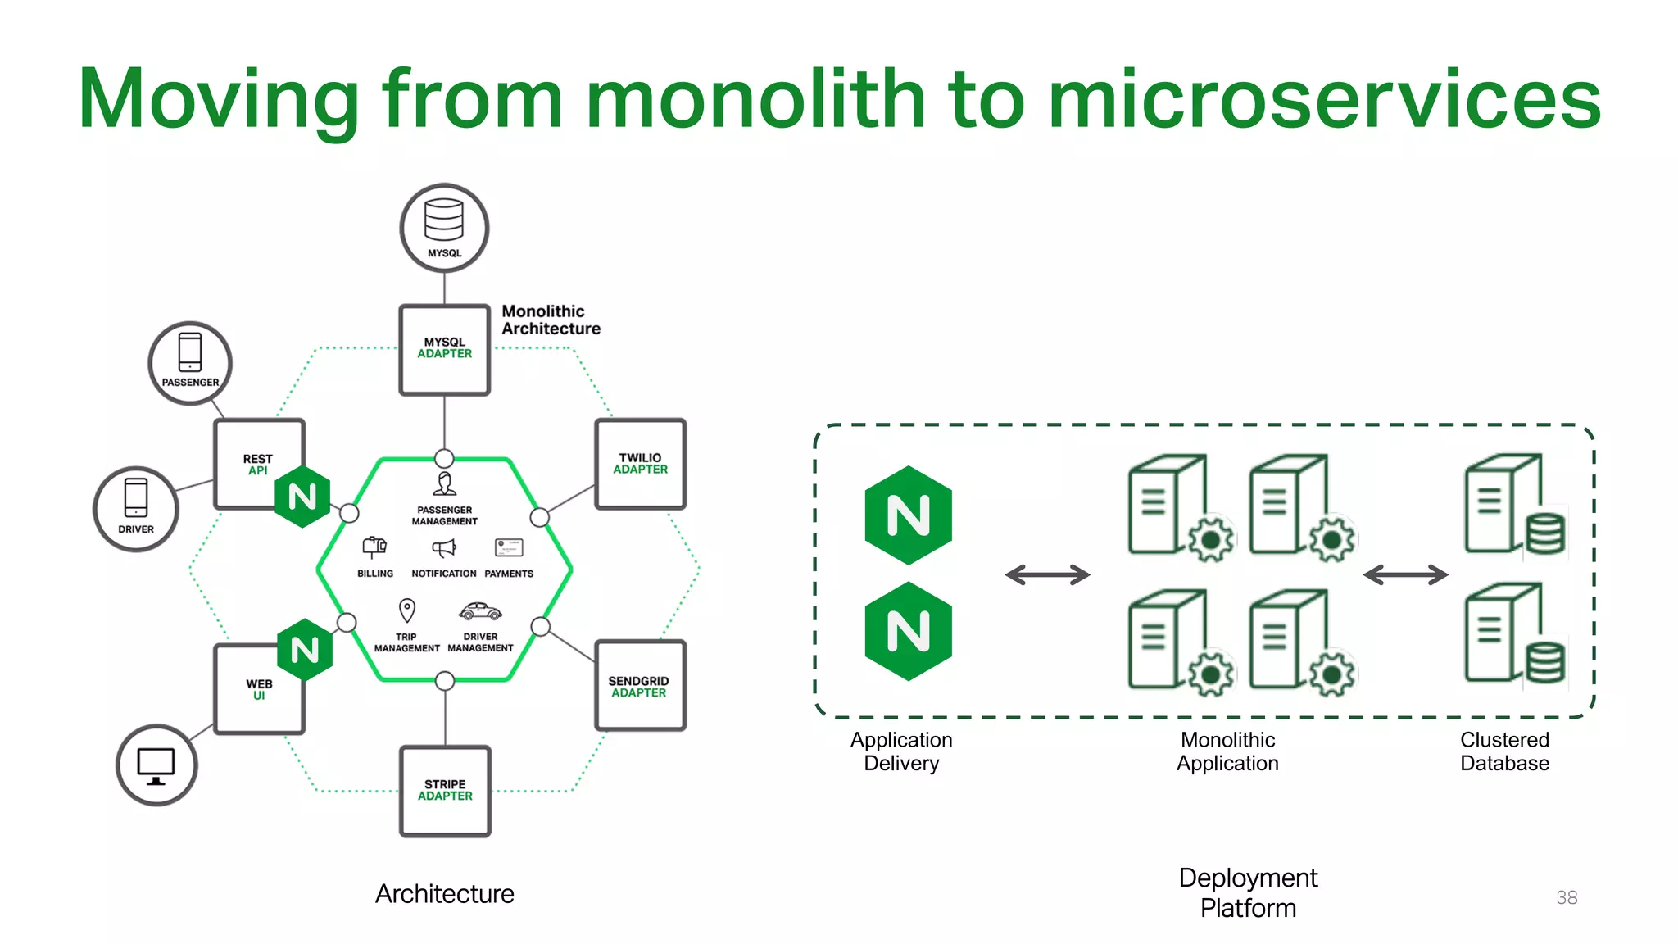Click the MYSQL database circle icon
pos(444,228)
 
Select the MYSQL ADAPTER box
pos(444,350)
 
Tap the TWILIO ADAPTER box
pos(640,464)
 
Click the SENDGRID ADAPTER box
pos(639,686)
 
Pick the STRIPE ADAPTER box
pos(445,791)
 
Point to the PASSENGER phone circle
pos(190,363)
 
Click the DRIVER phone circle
pos(136,509)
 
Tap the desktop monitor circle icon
pos(156,765)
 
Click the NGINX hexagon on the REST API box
pos(302,497)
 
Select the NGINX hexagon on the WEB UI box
pos(305,650)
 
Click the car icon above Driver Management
pos(480,611)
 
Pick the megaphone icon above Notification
pos(443,547)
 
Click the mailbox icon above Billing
pos(374,547)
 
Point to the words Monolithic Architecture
pos(550,320)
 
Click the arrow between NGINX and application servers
pos(1047,575)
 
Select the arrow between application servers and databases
pos(1405,575)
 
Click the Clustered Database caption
pos(1504,751)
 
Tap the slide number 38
pos(1567,897)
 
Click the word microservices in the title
pos(1323,100)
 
